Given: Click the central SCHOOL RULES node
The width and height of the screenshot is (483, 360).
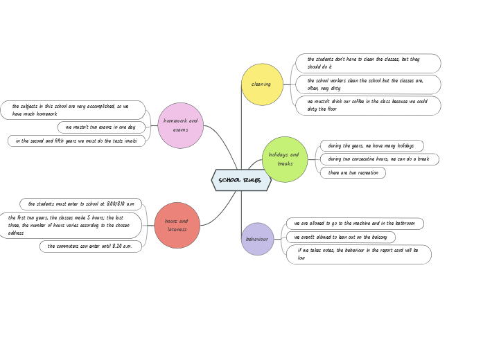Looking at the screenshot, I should point(240,180).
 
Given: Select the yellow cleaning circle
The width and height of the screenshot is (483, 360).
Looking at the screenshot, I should point(262,84).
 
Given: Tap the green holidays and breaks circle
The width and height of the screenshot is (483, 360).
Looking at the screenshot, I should point(285,159).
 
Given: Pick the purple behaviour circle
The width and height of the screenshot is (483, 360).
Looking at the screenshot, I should point(257,239).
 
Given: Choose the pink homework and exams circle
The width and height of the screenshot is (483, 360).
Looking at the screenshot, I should point(181,125).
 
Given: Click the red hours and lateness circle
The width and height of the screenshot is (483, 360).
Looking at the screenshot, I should point(177,225).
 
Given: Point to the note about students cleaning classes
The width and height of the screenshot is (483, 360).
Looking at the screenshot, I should point(368,63).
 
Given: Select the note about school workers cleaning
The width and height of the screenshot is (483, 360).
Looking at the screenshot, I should point(368,84).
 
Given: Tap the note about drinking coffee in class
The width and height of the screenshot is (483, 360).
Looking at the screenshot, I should point(368,105).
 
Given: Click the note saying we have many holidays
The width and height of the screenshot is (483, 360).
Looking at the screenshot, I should point(371,146).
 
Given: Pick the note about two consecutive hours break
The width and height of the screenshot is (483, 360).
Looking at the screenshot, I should point(379,159).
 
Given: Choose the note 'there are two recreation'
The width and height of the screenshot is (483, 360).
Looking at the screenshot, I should point(353,172).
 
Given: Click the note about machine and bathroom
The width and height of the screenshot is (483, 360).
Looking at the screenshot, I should point(355,224).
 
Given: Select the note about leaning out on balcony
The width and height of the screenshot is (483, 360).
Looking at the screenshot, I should point(341,237).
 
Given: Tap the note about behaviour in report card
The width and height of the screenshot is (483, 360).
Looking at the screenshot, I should point(358,254).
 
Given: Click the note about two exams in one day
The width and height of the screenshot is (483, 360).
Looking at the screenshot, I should point(101,127).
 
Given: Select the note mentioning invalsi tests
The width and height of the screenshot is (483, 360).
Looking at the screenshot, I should point(76,141).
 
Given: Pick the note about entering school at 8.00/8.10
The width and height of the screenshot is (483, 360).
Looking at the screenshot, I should point(81,204).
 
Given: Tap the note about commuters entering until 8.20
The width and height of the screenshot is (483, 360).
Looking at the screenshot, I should point(91,246).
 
